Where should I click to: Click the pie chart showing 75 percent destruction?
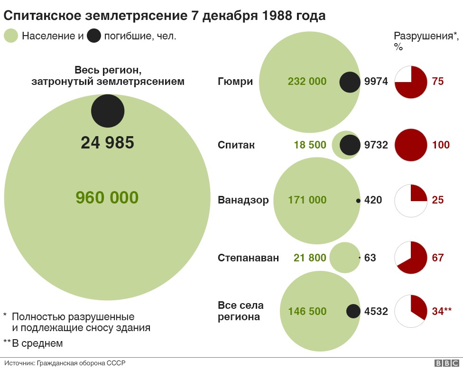(x=411, y=82)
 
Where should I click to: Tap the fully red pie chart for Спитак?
(x=411, y=145)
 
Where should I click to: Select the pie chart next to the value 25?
(x=411, y=200)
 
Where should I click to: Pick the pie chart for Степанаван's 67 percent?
(x=411, y=258)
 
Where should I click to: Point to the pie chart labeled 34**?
(x=411, y=311)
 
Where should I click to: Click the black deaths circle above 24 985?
(x=108, y=111)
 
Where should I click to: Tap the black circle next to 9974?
(x=350, y=82)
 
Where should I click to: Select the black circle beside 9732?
(x=350, y=145)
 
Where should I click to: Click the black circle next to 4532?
(x=353, y=311)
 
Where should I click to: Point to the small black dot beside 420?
(x=358, y=201)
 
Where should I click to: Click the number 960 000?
(x=107, y=197)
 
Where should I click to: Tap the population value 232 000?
(x=307, y=82)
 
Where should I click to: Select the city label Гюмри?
(x=235, y=82)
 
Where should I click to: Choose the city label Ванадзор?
(x=243, y=200)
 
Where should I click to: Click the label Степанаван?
(x=248, y=258)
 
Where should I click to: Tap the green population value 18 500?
(x=310, y=145)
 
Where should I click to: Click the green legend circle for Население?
(x=11, y=36)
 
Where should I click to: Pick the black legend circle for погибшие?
(x=94, y=36)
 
